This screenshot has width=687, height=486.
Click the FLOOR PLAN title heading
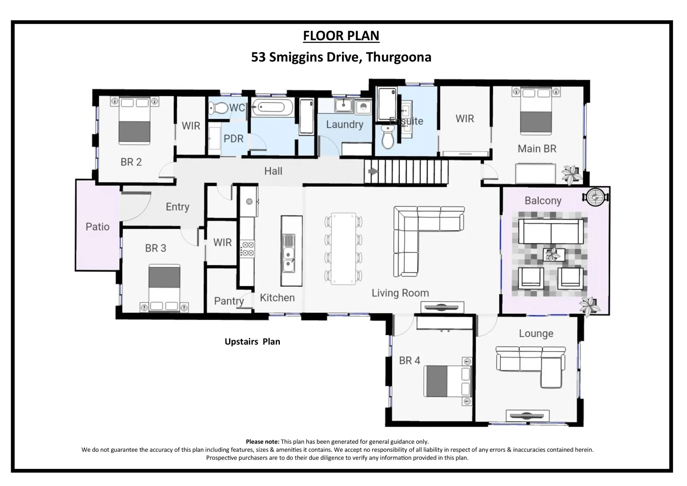point(341,36)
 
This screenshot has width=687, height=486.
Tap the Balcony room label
point(543,201)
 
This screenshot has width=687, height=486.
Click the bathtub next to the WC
point(272,107)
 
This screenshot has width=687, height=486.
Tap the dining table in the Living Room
point(343,248)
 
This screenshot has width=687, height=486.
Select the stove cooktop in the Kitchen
point(247,249)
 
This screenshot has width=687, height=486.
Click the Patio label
point(98,227)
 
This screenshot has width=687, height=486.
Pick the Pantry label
point(229,301)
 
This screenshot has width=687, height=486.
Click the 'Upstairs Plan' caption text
point(252,342)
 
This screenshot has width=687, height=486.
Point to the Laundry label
point(344,125)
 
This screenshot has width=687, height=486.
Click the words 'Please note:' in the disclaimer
point(262,442)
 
